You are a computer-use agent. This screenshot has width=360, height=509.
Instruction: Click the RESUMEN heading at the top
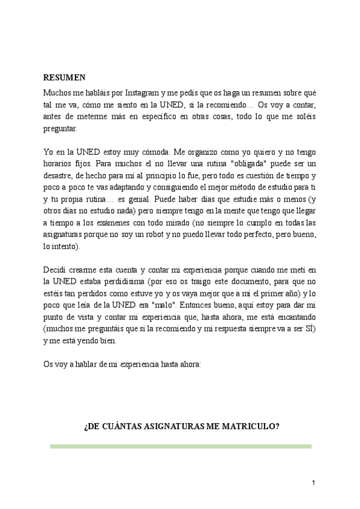65,77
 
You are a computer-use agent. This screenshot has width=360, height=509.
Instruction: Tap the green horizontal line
181,447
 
